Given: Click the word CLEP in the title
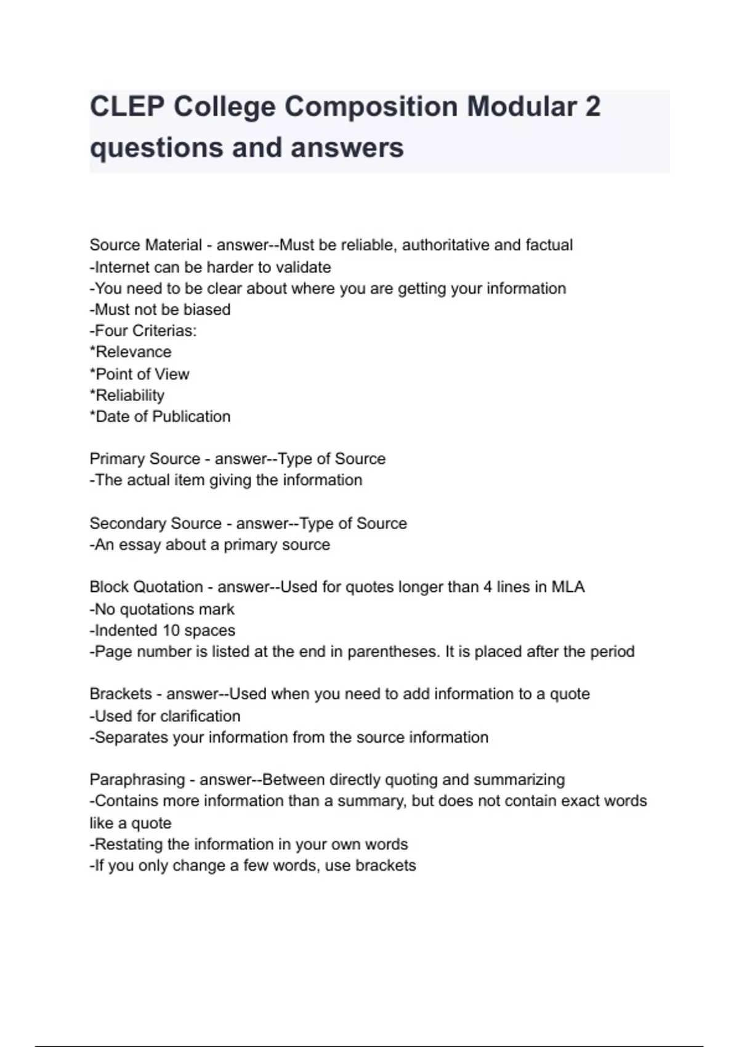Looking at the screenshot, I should (126, 107).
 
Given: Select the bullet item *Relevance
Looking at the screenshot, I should (131, 352).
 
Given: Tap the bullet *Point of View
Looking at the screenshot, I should (139, 374).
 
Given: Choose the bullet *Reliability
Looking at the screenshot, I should (127, 395).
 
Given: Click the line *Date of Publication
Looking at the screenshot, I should (160, 416).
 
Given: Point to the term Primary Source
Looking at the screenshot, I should (145, 459).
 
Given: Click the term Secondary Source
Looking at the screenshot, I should (155, 523).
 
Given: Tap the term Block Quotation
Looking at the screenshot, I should (146, 587).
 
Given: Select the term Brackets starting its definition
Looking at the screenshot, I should (120, 694).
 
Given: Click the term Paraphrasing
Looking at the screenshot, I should (137, 780).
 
